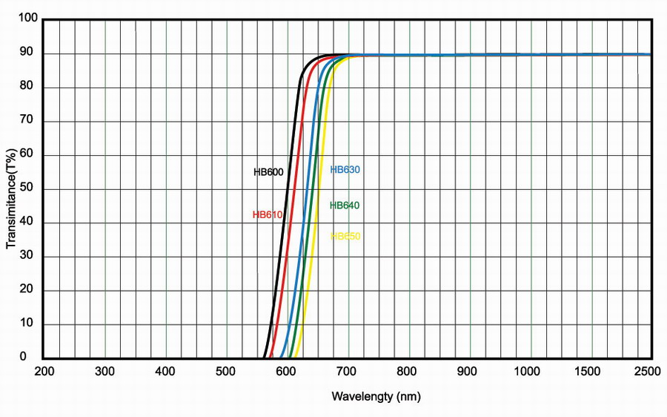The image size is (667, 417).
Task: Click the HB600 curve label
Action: point(268,172)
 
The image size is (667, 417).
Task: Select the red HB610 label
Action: point(268,215)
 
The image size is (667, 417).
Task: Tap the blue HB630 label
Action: point(345,169)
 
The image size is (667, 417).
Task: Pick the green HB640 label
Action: point(345,205)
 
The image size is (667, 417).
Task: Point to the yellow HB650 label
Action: point(345,236)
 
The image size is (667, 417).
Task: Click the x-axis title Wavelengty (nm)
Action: point(376,396)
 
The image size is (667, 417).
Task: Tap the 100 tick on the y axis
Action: point(28,19)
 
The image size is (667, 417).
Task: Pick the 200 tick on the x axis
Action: point(44,370)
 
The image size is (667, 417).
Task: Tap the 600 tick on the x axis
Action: point(286,370)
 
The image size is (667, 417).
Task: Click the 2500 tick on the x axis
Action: point(648,370)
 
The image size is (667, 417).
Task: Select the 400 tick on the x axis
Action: point(165,370)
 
